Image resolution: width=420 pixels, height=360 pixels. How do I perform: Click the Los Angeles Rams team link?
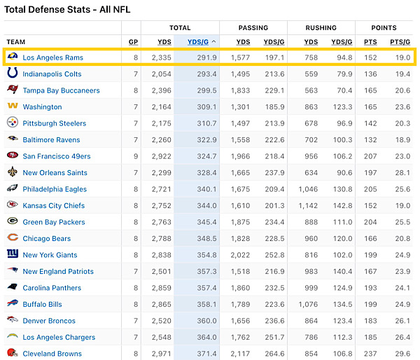pos(52,57)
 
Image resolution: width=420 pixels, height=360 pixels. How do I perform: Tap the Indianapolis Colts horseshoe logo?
pos(12,74)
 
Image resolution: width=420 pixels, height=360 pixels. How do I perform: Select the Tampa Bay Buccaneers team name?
pos(61,90)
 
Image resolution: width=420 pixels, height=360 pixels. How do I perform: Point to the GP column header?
pos(133,42)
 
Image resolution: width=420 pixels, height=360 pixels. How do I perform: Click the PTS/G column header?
pos(400,42)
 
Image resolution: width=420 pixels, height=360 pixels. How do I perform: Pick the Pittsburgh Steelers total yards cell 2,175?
pos(160,123)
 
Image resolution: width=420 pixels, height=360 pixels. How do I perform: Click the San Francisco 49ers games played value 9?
pos(136,156)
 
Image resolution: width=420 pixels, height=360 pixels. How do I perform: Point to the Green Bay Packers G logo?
pos(12,222)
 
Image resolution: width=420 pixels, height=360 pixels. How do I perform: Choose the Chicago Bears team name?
pos(46,238)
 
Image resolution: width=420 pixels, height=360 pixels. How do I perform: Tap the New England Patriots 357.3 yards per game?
pos(204,271)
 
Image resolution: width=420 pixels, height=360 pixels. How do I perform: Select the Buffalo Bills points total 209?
pos(370,304)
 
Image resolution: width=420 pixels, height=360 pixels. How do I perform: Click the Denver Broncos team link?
pos(49,321)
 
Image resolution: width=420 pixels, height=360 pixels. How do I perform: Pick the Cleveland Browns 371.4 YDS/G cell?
pos(204,354)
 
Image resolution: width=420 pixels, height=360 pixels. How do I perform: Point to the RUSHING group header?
pos(321,27)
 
